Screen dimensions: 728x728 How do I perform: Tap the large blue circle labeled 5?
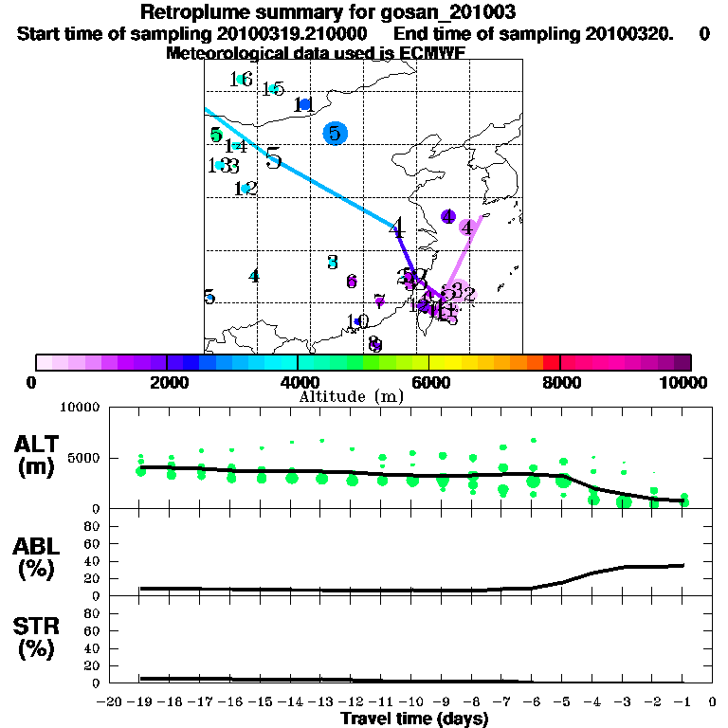tap(335, 134)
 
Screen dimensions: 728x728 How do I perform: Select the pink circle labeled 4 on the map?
tap(467, 227)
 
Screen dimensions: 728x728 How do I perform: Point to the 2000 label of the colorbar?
tap(166, 382)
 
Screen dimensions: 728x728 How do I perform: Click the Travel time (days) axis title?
tap(414, 719)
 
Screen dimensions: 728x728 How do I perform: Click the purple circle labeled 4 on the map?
tap(448, 217)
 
